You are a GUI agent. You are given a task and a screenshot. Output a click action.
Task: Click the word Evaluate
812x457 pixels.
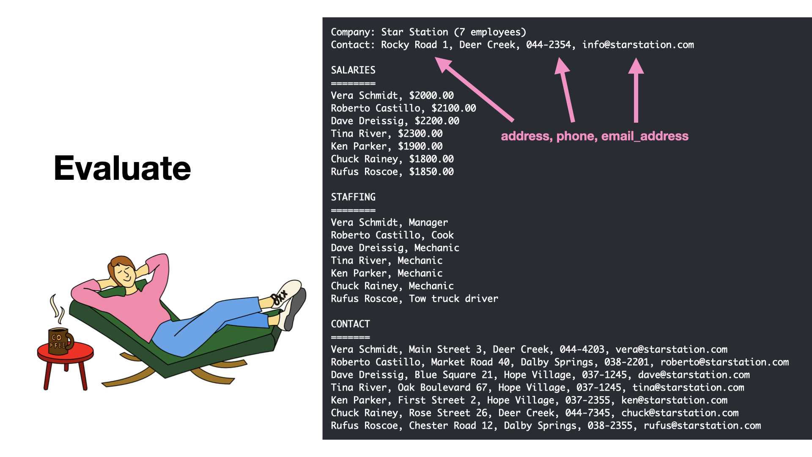[122, 168]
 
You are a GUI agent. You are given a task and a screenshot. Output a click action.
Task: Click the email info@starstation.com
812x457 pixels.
[638, 45]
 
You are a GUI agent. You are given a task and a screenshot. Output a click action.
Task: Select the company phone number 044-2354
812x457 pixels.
[548, 45]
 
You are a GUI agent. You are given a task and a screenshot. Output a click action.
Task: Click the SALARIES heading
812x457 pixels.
[353, 70]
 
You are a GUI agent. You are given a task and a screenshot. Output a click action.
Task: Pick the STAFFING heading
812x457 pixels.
[353, 197]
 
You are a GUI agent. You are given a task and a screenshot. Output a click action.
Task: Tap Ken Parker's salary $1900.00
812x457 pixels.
[420, 146]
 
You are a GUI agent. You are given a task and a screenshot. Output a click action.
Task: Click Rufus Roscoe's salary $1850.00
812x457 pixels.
[431, 172]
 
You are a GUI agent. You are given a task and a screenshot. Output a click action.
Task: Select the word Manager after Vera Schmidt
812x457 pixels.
[428, 223]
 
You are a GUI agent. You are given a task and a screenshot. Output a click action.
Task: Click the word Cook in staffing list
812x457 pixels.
[442, 235]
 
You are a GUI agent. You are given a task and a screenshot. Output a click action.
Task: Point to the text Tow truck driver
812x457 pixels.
[453, 299]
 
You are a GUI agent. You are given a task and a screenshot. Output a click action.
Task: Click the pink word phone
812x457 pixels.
[575, 136]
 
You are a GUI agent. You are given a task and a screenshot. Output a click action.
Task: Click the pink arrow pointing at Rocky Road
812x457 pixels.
[474, 89]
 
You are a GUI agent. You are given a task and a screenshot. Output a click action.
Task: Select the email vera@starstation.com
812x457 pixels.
[671, 350]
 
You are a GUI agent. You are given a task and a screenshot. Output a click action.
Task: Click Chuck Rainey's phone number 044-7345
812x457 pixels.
[587, 413]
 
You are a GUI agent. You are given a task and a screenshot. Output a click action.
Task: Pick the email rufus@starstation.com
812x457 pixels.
[702, 426]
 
